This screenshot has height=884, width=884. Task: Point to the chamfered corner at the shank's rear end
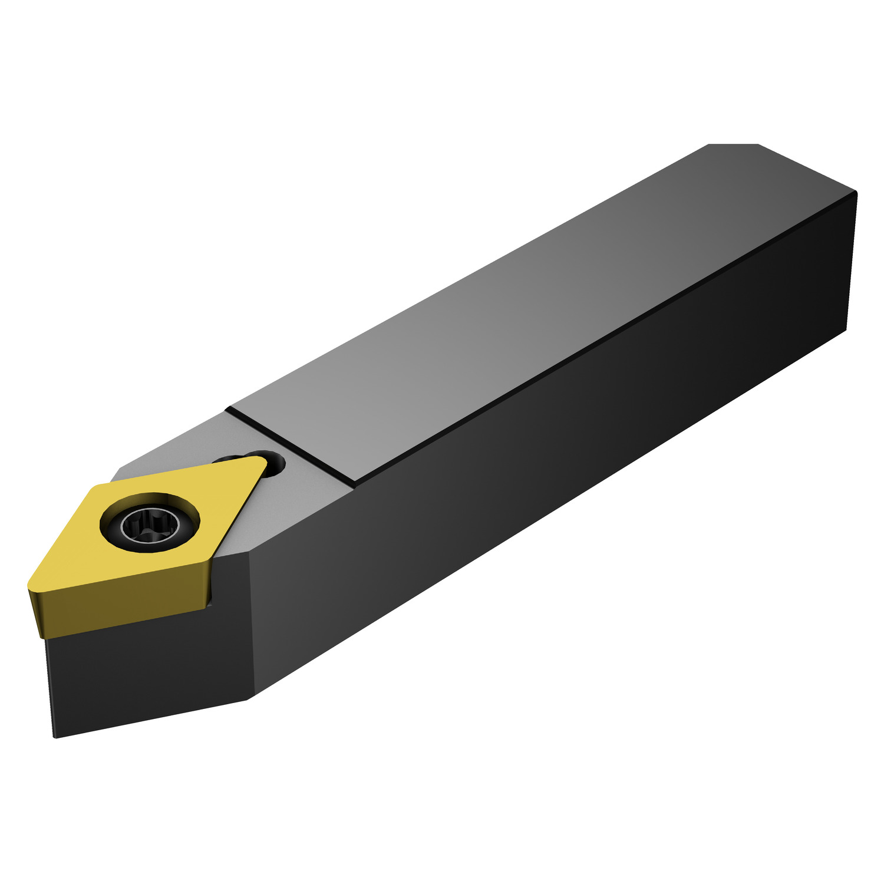pyautogui.click(x=733, y=145)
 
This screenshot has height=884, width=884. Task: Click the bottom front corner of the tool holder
pyautogui.click(x=55, y=737)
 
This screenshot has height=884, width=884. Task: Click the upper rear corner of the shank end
pyautogui.click(x=856, y=193)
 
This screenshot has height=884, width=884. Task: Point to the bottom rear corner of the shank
pyautogui.click(x=847, y=330)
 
